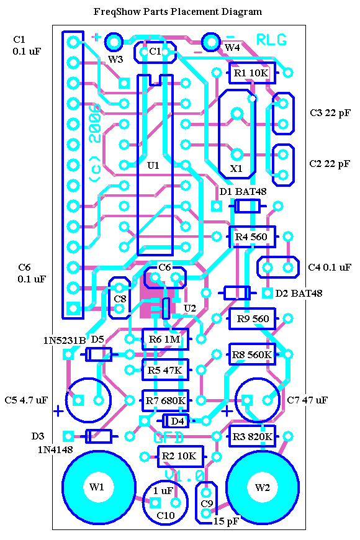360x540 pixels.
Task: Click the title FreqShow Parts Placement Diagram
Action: click(x=178, y=12)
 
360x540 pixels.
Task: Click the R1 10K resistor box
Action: click(x=252, y=73)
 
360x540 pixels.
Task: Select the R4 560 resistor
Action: click(x=252, y=236)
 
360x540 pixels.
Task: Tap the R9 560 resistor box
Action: click(x=252, y=318)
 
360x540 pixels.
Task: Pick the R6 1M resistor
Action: click(x=165, y=340)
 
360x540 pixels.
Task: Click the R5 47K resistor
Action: click(x=165, y=370)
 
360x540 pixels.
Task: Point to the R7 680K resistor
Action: click(x=165, y=400)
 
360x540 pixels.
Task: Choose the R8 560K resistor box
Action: click(x=252, y=354)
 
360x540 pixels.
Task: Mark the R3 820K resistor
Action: click(x=252, y=436)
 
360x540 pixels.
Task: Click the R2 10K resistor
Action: click(x=180, y=456)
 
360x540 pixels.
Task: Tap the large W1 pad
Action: click(x=98, y=487)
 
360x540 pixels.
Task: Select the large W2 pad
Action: click(x=263, y=487)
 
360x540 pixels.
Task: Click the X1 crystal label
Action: click(x=236, y=168)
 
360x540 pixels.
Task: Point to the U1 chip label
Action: click(x=153, y=166)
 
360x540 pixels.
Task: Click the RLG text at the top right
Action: click(x=271, y=40)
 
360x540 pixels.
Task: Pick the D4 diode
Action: click(x=176, y=420)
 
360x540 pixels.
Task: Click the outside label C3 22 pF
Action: click(x=330, y=113)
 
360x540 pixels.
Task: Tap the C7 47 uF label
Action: click(x=307, y=400)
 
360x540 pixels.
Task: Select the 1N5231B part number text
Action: click(x=64, y=341)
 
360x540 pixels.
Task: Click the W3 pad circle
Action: click(x=114, y=42)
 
